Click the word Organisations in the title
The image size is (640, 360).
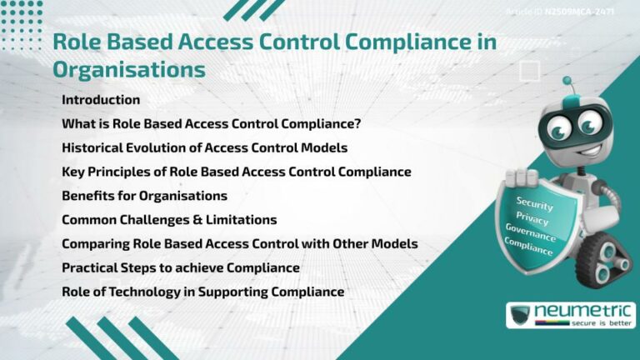pos(128,69)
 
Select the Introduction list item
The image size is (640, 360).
pos(101,100)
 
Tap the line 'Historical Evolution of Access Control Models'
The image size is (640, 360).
pos(204,147)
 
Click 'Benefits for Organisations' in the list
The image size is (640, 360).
pos(144,196)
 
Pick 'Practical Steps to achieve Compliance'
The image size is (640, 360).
pos(180,267)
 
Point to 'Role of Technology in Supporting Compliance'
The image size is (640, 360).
pos(202,292)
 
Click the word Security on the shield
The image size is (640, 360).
pos(535,202)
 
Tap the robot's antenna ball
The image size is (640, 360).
pos(567,82)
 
